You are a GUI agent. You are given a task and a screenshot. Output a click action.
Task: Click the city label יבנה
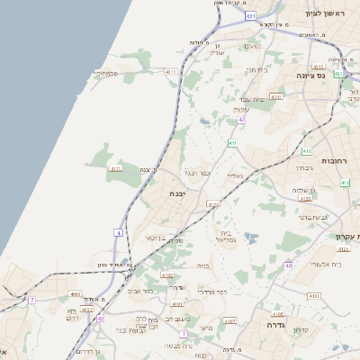pos(176,193)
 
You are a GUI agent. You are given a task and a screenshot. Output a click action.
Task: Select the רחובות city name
pos(335,161)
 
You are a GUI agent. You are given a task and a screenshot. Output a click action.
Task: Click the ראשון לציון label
pos(325,13)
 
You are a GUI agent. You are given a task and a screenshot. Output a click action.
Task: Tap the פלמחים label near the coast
pos(108,74)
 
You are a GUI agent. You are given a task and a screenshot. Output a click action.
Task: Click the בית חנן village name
pos(256,69)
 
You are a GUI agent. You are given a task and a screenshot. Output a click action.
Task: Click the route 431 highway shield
pos(250,16)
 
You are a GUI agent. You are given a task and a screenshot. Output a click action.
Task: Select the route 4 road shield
pos(118,233)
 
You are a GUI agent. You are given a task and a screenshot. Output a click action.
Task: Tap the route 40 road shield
pos(289,266)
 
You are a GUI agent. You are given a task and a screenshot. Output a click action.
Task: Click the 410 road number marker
pos(306,151)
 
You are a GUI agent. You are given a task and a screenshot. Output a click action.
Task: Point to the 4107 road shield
pos(229,320)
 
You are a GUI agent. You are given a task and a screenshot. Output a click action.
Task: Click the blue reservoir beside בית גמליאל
pos(250,238)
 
